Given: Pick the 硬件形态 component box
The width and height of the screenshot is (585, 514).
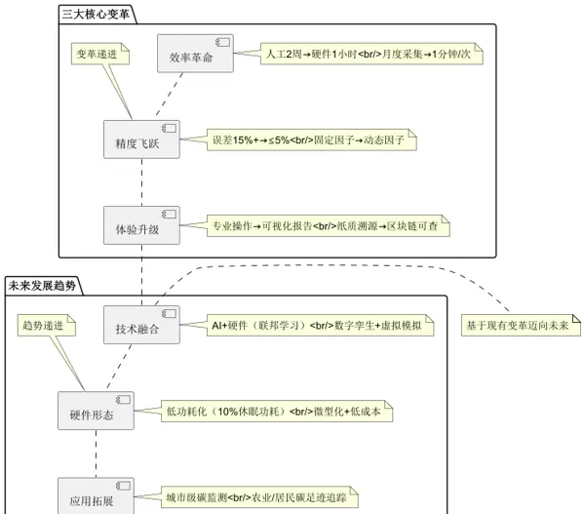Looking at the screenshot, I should [x=95, y=412].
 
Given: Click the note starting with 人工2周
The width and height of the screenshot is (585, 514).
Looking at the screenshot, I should [x=370, y=55].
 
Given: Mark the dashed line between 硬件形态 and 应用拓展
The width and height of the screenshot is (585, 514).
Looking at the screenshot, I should [x=95, y=454].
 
